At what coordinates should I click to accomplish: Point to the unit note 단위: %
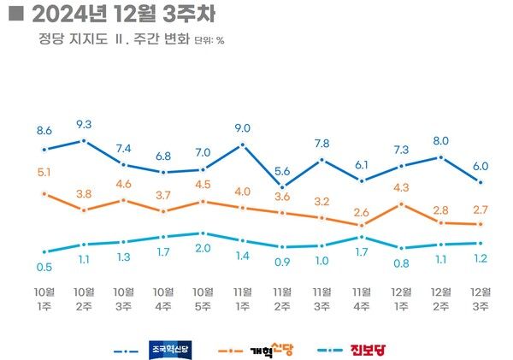click(209, 40)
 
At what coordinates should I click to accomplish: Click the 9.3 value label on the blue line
click(84, 124)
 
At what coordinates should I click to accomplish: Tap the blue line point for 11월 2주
click(282, 186)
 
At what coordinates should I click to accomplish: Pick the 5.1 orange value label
click(44, 174)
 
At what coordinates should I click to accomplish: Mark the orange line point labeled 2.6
click(362, 225)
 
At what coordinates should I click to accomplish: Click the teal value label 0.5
click(44, 266)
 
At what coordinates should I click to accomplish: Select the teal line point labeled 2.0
click(203, 233)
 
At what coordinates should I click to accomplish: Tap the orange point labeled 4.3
click(401, 204)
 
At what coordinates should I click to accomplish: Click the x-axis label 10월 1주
click(44, 298)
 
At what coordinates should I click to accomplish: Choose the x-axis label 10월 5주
click(203, 298)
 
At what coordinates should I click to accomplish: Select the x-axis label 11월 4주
click(362, 298)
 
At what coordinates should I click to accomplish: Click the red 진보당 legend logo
click(370, 349)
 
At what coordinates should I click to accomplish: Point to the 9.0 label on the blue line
click(242, 128)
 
